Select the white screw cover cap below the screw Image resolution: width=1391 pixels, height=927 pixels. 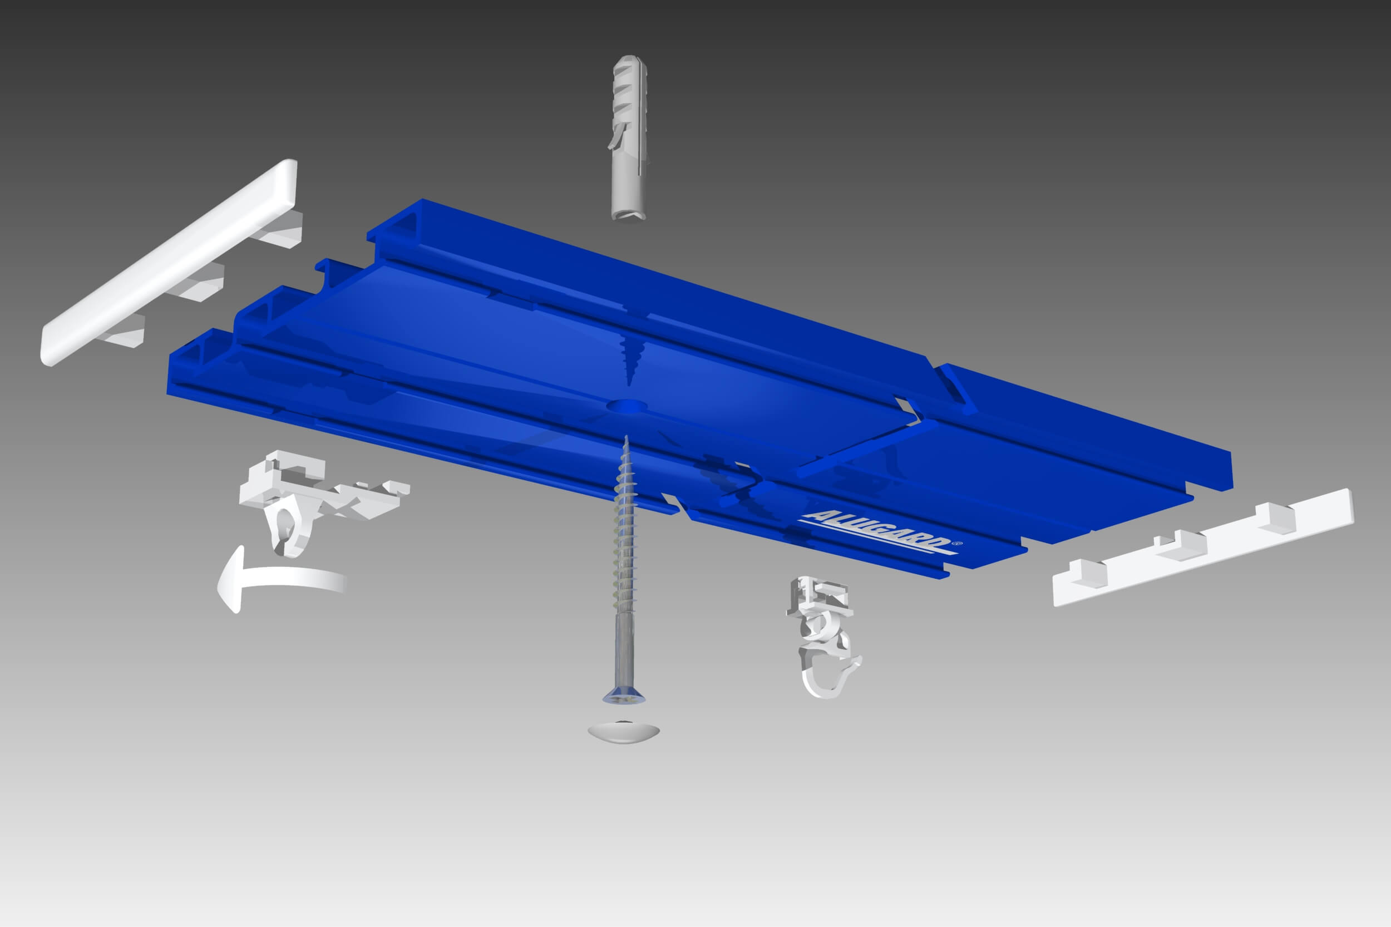click(623, 731)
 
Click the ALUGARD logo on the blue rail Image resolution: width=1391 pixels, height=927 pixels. click(877, 532)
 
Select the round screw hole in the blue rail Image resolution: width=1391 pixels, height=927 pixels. click(628, 406)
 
